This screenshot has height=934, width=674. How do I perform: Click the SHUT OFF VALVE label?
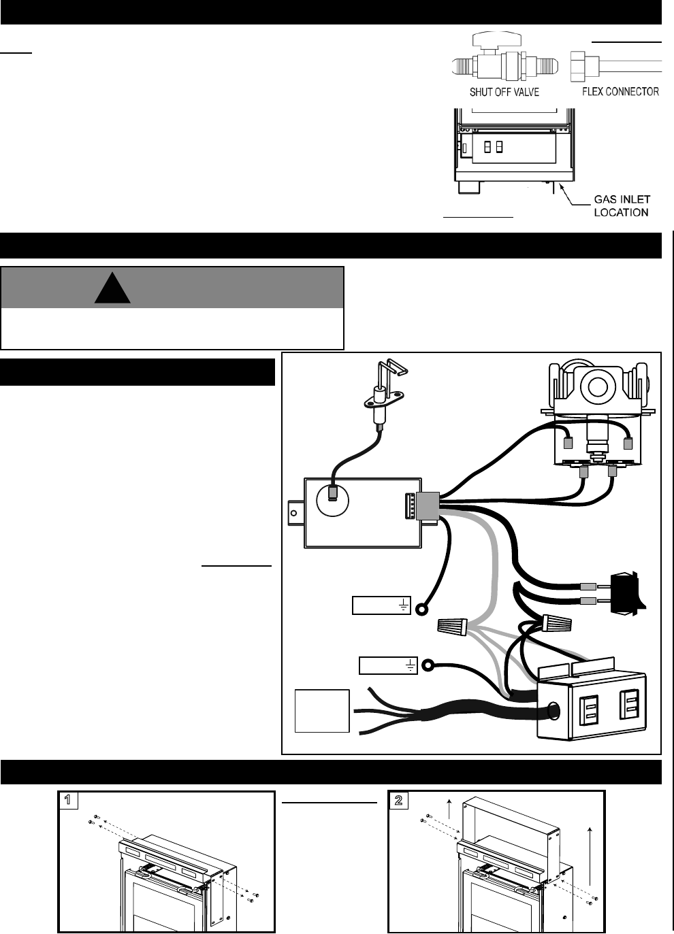pyautogui.click(x=504, y=91)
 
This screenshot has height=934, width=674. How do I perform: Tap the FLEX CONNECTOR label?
pyautogui.click(x=620, y=90)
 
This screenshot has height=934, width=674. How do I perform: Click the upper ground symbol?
pyautogui.click(x=404, y=605)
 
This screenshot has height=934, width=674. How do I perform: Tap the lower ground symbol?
pyautogui.click(x=411, y=665)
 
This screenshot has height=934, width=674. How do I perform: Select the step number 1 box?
pyautogui.click(x=67, y=801)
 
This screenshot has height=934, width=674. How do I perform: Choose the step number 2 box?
pyautogui.click(x=399, y=801)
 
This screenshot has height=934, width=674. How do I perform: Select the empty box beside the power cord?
pyautogui.click(x=321, y=711)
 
